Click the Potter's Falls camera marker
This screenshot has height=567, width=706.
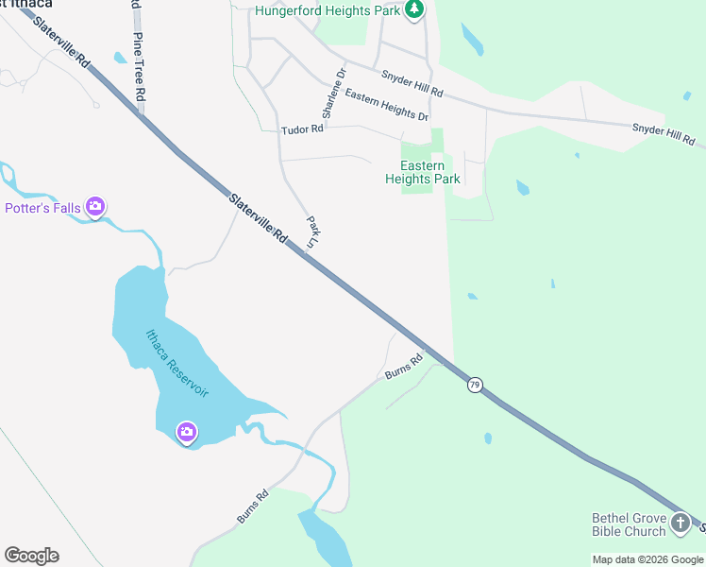pos(94,206)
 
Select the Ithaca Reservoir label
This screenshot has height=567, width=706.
pos(176,363)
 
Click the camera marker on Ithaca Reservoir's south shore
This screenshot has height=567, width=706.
pos(187,433)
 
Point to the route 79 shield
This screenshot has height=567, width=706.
pos(475,385)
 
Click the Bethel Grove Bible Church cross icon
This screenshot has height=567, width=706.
pos(680,523)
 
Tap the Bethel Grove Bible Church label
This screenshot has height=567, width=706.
pos(628,524)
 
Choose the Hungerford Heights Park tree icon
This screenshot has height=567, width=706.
pos(412,9)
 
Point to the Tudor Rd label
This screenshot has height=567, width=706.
pos(302,129)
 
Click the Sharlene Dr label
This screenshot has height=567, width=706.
pos(333,93)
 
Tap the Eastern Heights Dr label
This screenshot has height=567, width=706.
pos(386,103)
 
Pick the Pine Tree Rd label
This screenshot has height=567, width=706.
pos(139,66)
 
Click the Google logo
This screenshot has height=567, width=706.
pos(31,556)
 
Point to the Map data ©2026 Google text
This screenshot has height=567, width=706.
pos(648,559)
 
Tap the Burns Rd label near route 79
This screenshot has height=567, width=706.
pos(403,368)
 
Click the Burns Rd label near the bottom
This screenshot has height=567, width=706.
pos(253,507)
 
